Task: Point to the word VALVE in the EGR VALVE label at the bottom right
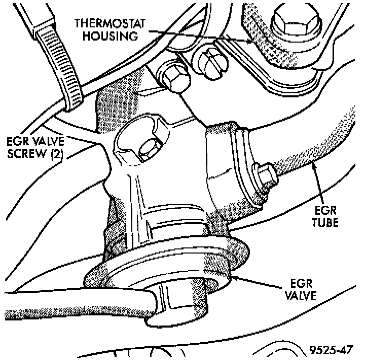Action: [x=301, y=295]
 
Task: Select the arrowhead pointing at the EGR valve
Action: [x=234, y=276]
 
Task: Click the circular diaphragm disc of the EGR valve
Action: [x=167, y=269]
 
